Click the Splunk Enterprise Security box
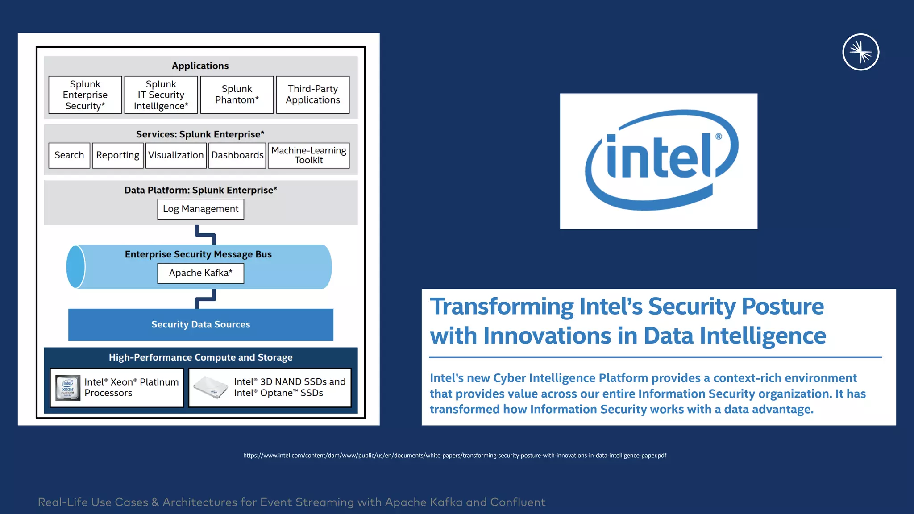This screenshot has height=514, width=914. (x=85, y=95)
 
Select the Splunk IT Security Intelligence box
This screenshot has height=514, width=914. (x=161, y=95)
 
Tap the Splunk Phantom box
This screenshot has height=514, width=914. (x=237, y=95)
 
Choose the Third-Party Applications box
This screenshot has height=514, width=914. (x=312, y=95)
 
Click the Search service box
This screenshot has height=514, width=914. (x=69, y=155)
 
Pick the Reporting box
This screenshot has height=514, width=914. (x=117, y=155)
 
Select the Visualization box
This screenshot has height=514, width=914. (x=176, y=155)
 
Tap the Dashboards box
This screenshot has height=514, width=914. (x=237, y=155)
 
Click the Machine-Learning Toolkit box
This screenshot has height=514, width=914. (x=308, y=155)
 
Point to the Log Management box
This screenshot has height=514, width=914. (x=200, y=209)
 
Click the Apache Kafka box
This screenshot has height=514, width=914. (x=200, y=273)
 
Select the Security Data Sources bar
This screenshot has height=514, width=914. (x=200, y=324)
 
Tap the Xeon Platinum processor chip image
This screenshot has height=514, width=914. (x=68, y=387)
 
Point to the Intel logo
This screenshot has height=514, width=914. (x=659, y=161)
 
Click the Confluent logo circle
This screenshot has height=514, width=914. (x=860, y=52)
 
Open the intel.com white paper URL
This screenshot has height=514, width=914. (x=454, y=456)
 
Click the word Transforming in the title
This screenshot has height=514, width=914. (x=501, y=307)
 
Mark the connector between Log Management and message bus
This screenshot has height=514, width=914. (x=205, y=234)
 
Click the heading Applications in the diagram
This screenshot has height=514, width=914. (x=200, y=66)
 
